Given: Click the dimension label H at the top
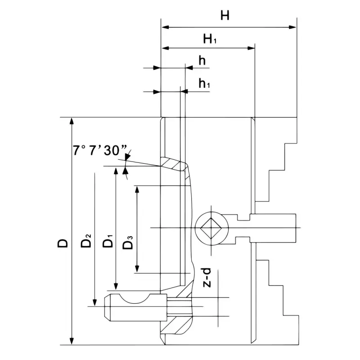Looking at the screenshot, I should pos(225,16).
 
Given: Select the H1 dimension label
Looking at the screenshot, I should pos(210,40).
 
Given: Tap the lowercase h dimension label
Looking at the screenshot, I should pos(202,61).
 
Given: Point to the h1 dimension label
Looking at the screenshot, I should pos(205,84).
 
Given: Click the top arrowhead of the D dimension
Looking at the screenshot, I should pos(72,122).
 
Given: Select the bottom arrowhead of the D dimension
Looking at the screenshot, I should pos(72,341).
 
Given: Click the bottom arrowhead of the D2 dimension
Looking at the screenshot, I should pos(94,302).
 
